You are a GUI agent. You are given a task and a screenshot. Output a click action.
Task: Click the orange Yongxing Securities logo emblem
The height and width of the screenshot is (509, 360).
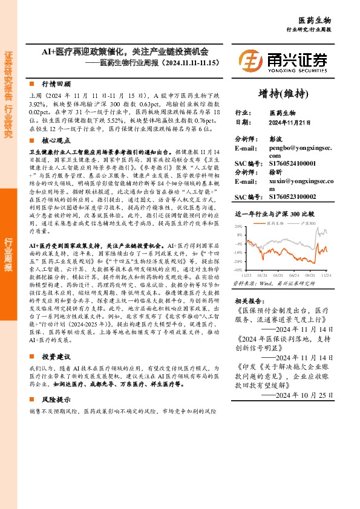pyautogui.click(x=250, y=60)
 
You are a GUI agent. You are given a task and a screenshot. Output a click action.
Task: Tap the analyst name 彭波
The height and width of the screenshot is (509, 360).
pyautogui.click(x=276, y=138)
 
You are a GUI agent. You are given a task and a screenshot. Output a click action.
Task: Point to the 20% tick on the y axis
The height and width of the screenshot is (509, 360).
pyautogui.click(x=240, y=226)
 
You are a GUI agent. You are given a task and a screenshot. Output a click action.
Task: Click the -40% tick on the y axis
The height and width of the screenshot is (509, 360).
pyautogui.click(x=239, y=270)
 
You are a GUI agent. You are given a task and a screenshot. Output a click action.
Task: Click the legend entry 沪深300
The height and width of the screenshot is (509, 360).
pyautogui.click(x=310, y=224)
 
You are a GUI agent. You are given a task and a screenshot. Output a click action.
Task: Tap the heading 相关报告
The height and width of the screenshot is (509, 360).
pyautogui.click(x=248, y=300)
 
